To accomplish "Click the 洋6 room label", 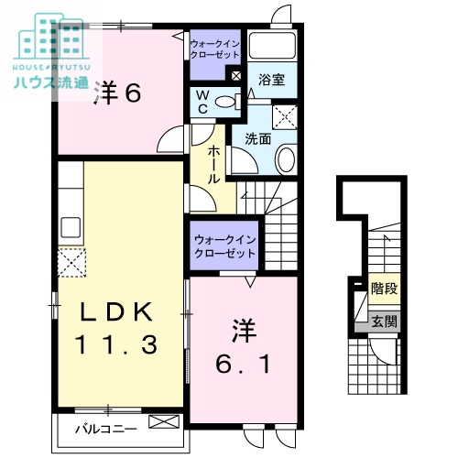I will click(117, 94).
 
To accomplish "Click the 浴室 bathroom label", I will click(271, 80).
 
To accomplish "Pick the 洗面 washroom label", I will click(257, 139).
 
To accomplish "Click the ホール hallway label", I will click(214, 165).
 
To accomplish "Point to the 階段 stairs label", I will click(383, 289).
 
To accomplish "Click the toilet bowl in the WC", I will click(226, 103).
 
